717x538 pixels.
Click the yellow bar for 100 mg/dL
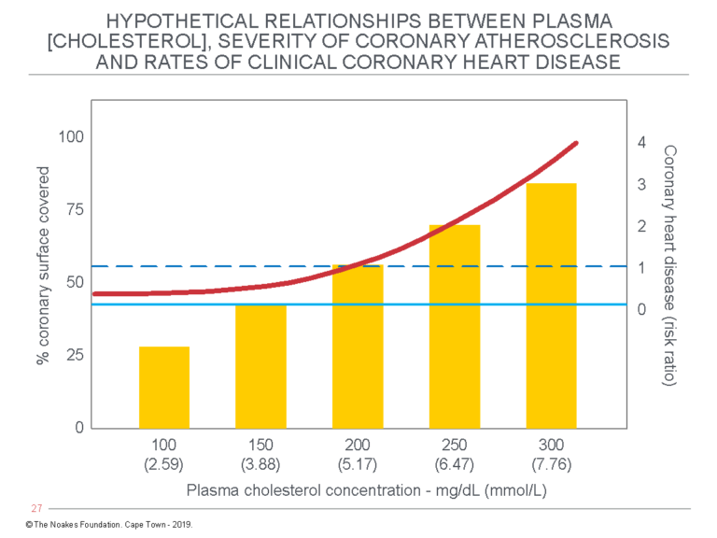tap(164, 387)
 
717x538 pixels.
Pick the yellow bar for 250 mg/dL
tap(455, 326)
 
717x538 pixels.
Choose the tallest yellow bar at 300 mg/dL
tap(551, 305)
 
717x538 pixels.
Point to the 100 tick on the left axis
tap(72, 137)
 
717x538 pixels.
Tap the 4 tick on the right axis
tap(641, 142)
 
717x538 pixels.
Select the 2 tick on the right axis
tap(641, 226)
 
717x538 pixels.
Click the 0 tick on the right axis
tap(641, 309)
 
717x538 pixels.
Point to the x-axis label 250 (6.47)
tap(455, 454)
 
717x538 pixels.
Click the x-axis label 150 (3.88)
tap(260, 454)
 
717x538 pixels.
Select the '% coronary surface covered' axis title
tap(43, 267)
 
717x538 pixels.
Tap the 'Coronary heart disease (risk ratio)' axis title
tap(669, 267)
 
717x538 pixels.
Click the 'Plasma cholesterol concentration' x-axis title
tap(358, 489)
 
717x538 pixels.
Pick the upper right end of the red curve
tap(576, 143)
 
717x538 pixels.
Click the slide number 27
tap(37, 509)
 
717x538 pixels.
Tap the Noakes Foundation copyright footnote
tap(108, 526)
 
